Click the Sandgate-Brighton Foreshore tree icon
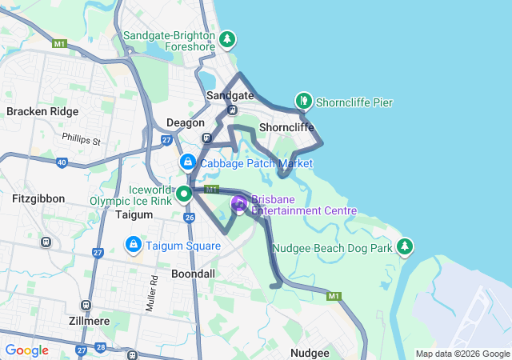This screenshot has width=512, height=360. coord(228,38)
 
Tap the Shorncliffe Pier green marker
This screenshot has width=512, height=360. coord(304,101)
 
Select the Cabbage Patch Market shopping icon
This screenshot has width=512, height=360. coord(187,162)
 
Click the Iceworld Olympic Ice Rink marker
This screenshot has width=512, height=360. coord(183,193)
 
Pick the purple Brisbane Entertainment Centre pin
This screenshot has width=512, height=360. coord(239,203)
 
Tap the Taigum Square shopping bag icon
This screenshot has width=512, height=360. coord(133,243)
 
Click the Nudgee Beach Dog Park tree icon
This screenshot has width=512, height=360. coord(406,245)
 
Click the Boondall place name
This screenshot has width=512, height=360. coord(193,274)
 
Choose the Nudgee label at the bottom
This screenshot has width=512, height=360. coord(309,353)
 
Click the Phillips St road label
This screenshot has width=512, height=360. coord(83,141)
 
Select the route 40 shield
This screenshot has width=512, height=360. coord(62,163)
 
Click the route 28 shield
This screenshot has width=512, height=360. coord(101,348)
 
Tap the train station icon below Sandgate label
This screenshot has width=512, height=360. coord(231,110)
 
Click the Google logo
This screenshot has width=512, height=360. coord(26,350)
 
